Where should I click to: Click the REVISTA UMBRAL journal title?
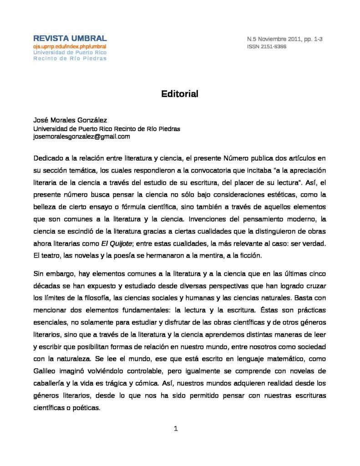click(x=70, y=39)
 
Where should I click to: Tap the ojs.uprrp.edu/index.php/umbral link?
click(x=70, y=47)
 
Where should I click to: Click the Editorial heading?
click(x=180, y=94)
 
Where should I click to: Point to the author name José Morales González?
click(x=70, y=121)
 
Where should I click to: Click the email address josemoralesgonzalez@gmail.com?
click(x=82, y=137)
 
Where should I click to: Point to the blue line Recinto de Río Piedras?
click(x=70, y=58)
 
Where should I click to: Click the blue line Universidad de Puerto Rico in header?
click(x=70, y=52)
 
